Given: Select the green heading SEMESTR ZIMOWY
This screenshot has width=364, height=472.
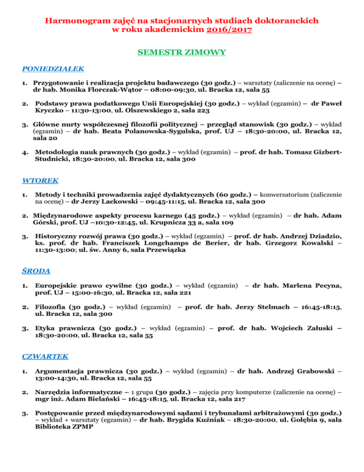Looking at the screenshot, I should pos(182,52).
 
